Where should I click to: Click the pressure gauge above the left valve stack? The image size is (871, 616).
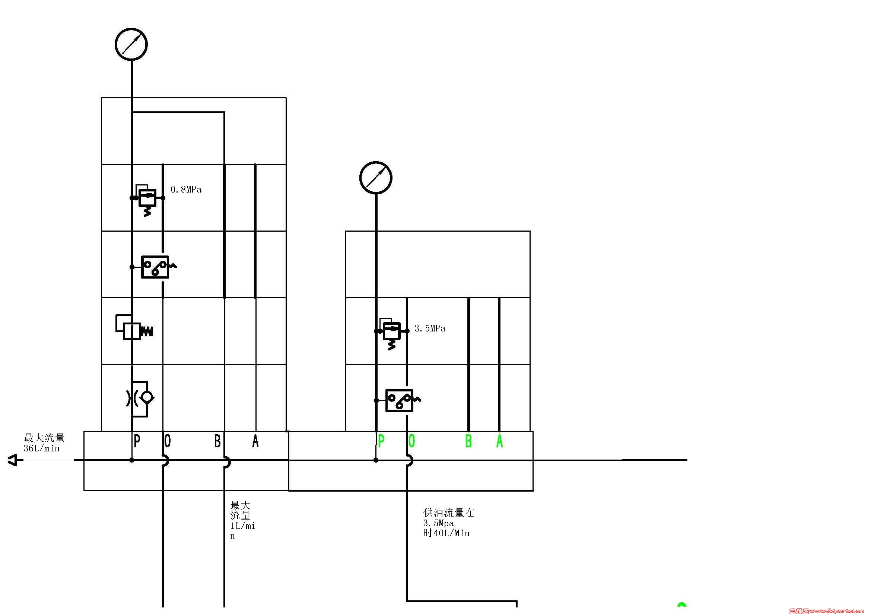pos(131,44)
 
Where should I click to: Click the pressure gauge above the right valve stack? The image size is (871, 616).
pos(376,178)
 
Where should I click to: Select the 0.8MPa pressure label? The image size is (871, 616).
pos(186,190)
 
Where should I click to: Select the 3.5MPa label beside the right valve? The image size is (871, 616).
pos(430,328)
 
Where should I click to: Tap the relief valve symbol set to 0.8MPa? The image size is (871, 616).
pos(147,198)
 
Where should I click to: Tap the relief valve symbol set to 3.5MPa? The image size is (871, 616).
pos(391,331)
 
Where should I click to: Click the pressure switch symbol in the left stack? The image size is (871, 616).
pos(155,267)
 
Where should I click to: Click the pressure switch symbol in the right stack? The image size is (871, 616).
pos(400,400)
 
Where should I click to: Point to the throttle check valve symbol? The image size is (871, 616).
pos(140,398)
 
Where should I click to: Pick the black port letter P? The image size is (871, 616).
pos(137,441)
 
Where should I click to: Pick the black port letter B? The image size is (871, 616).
pos(217,441)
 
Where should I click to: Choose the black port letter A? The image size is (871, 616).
pos(255,441)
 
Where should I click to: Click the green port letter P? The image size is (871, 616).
pos(381,441)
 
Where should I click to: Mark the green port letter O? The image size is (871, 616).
pos(412,441)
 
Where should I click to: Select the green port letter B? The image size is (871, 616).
pos(468,441)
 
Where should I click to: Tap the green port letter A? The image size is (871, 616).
pos(500,441)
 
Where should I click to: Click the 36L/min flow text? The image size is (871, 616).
pos(42,449)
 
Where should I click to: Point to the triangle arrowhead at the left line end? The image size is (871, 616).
pos(13,460)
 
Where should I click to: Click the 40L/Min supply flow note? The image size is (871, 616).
pos(447,533)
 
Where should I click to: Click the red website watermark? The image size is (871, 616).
pos(829,611)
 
